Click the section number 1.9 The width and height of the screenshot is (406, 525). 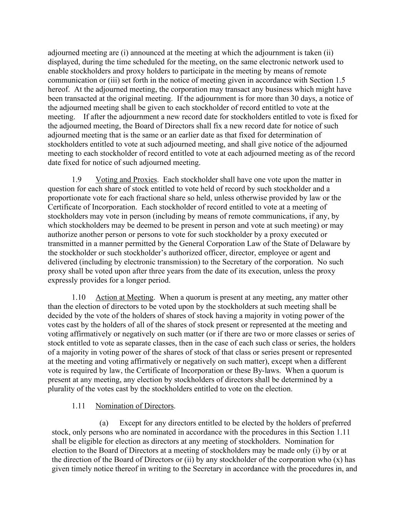coord(77,180)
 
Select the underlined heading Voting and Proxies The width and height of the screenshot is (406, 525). coord(126,180)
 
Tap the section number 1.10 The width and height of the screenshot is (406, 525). coord(79,297)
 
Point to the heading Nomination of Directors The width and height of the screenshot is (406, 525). coord(135,406)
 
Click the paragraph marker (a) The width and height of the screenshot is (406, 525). coord(104,423)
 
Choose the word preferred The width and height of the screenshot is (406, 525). coord(337,423)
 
